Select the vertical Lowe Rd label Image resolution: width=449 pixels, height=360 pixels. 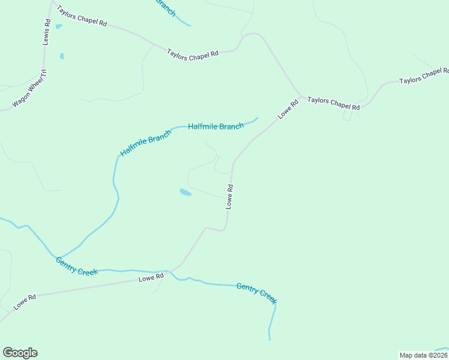click(x=229, y=196)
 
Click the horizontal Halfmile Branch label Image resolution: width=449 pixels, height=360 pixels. click(x=216, y=126)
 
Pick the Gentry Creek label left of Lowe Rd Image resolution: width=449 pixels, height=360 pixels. click(x=76, y=266)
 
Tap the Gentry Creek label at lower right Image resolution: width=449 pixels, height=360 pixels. click(x=257, y=292)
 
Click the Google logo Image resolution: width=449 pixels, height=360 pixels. click(x=20, y=353)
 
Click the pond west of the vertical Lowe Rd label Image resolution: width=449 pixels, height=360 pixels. click(x=185, y=193)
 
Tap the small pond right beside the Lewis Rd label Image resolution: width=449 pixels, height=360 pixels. click(x=58, y=26)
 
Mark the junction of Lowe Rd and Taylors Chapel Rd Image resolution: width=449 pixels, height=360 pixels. click(x=302, y=96)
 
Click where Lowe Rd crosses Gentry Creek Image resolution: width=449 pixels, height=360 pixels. click(x=170, y=271)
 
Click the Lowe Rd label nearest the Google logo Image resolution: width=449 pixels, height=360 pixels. click(x=25, y=301)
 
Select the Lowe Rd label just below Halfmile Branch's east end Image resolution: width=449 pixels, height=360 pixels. click(x=289, y=108)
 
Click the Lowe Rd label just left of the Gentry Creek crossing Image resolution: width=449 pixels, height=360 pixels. click(x=151, y=278)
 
